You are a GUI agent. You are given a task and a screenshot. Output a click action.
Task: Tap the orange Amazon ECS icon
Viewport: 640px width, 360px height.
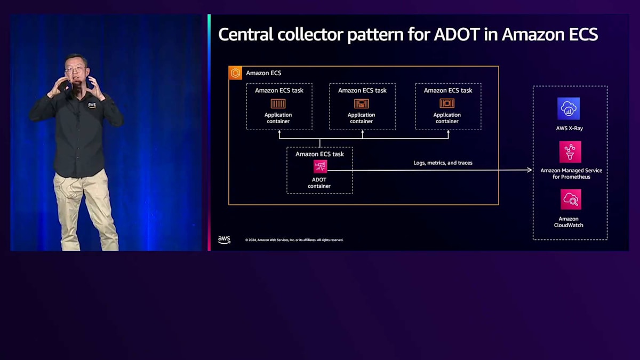(x=235, y=73)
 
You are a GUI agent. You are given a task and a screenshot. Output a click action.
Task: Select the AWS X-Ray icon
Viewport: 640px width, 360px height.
(x=569, y=109)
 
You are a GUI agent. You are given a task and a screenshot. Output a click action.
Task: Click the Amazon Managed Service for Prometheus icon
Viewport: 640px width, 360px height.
(x=570, y=152)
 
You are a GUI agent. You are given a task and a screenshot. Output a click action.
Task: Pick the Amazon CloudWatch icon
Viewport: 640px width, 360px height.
(x=571, y=199)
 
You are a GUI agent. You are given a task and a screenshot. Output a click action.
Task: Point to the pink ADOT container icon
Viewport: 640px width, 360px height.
(x=320, y=167)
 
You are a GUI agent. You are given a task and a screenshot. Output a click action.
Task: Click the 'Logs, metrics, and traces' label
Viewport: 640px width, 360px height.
(x=443, y=163)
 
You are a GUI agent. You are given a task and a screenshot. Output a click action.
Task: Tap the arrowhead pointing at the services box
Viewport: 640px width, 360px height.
(x=530, y=170)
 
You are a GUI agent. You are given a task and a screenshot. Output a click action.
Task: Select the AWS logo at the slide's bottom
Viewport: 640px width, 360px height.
(x=224, y=240)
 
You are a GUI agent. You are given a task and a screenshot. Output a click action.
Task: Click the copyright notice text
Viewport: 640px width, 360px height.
(x=294, y=240)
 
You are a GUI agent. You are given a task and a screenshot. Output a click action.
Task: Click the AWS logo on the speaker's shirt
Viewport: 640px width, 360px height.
(x=92, y=105)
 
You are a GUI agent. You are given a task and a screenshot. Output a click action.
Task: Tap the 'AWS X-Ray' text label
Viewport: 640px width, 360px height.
(x=569, y=129)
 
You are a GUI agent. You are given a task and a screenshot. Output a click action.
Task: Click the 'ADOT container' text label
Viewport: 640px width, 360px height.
(x=319, y=183)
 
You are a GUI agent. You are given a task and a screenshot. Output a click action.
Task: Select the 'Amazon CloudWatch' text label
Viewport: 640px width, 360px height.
(x=569, y=222)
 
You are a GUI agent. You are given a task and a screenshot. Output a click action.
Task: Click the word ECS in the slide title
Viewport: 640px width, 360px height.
(x=578, y=35)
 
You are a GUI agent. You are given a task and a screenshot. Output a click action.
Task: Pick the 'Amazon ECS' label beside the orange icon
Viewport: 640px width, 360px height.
(x=263, y=73)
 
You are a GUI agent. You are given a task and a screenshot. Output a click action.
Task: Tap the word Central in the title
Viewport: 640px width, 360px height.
(x=246, y=35)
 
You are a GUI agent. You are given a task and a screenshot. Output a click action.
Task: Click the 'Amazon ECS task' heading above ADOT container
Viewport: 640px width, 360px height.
(x=319, y=154)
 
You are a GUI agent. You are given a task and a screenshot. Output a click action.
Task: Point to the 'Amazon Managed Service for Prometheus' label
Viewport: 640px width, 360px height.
(x=571, y=174)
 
